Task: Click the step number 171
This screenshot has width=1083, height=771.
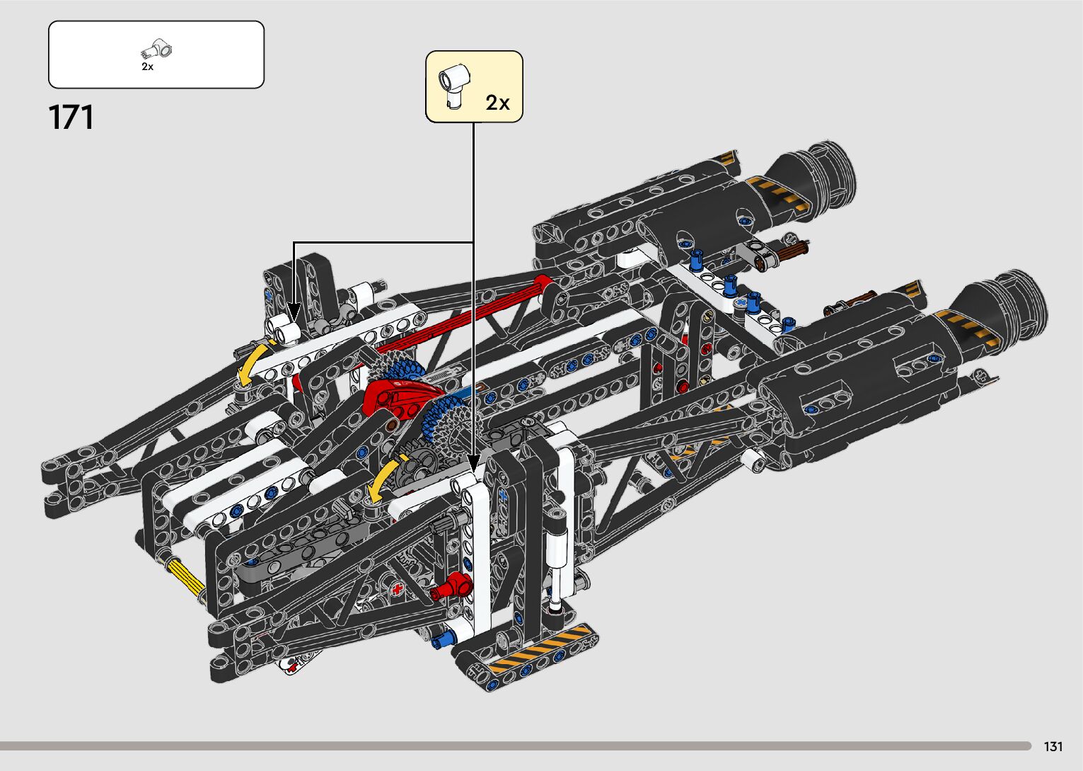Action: pyautogui.click(x=71, y=118)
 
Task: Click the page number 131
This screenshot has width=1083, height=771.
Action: pyautogui.click(x=1053, y=746)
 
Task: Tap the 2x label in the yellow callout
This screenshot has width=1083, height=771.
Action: pyautogui.click(x=497, y=103)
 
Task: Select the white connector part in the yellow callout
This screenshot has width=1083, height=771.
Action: pyautogui.click(x=454, y=86)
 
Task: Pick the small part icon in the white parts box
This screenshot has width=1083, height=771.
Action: pyautogui.click(x=156, y=50)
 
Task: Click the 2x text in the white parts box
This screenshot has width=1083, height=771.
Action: pyautogui.click(x=147, y=67)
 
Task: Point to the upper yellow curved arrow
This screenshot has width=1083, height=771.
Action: pyautogui.click(x=251, y=364)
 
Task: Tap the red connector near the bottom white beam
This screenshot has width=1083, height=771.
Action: pyautogui.click(x=452, y=586)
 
